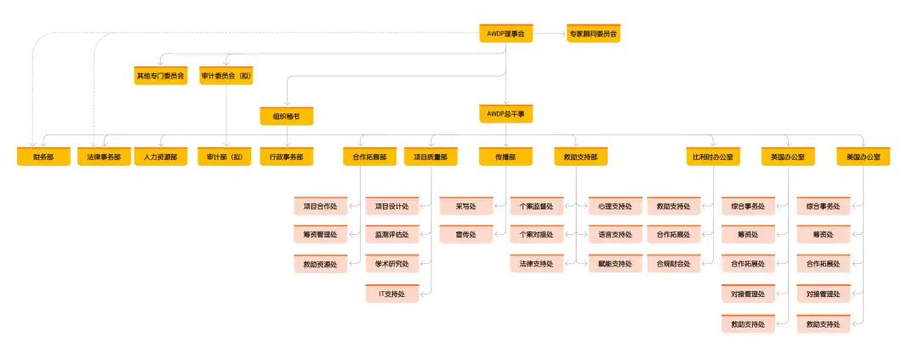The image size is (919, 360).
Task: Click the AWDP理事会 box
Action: [505, 35]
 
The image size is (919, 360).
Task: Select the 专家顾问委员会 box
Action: [593, 35]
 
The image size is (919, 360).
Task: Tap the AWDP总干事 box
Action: [505, 113]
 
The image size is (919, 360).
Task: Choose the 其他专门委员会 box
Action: [160, 76]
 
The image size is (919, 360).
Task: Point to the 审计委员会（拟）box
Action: [226, 76]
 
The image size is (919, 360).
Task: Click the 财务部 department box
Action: [43, 157]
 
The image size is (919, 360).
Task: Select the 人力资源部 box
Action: [160, 157]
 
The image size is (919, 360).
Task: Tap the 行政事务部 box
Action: [286, 157]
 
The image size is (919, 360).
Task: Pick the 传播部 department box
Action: [505, 157]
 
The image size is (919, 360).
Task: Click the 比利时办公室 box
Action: [713, 157]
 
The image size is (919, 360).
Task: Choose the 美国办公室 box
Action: [863, 157]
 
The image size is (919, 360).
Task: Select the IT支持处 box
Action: [392, 294]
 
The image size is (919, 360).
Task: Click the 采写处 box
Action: [466, 206]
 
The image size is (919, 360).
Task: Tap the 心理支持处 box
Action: [614, 206]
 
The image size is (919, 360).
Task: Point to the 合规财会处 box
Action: [674, 264]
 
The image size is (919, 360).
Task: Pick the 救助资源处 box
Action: [320, 264]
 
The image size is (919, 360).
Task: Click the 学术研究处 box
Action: [392, 264]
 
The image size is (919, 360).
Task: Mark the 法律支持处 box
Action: [537, 264]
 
